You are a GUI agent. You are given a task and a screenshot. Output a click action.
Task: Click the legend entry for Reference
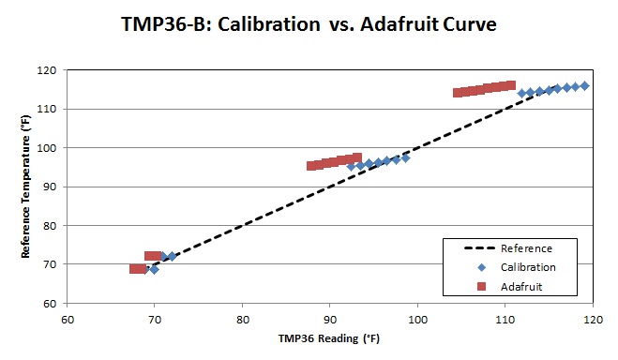coord(525,248)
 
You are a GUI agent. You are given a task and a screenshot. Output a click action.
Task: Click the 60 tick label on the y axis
coord(50,304)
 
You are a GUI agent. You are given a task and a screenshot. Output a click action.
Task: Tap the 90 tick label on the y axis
coord(50,187)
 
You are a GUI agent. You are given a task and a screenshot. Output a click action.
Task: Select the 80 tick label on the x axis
coord(242,319)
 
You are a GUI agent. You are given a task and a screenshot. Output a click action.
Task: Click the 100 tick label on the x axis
coord(416,319)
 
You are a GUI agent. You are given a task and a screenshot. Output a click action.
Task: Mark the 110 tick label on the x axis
coord(505,319)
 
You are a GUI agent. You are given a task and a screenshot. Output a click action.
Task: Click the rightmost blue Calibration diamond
coord(584,85)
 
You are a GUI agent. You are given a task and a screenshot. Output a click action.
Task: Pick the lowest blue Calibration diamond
coord(154,270)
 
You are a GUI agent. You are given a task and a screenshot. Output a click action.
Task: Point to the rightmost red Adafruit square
coord(511,85)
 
